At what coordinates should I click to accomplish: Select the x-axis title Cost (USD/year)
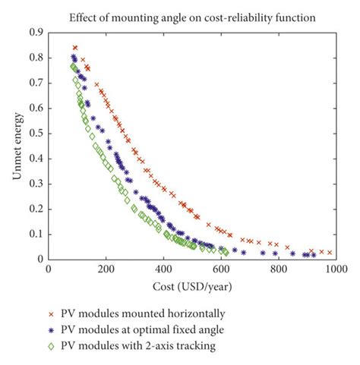point(191,287)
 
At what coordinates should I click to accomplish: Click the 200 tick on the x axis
point(106,269)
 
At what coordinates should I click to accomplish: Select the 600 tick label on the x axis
point(221,269)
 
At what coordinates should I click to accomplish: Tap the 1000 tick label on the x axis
point(335,269)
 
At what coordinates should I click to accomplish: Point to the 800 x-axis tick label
point(278,269)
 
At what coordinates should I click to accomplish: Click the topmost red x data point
point(74,48)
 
